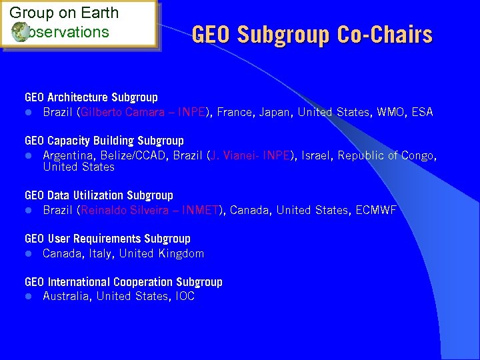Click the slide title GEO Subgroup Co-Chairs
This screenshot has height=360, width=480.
[x=312, y=35]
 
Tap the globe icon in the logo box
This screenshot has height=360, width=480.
[x=19, y=31]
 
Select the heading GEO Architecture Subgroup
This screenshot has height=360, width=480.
[x=91, y=97]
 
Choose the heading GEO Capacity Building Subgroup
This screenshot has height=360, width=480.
[x=104, y=141]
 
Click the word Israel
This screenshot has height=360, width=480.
[x=317, y=155]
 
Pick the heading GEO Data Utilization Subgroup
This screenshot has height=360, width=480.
[x=99, y=195]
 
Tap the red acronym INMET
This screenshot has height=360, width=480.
[x=201, y=210]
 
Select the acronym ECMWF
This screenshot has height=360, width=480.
[x=377, y=210]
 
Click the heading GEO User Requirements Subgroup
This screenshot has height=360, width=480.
[x=107, y=239]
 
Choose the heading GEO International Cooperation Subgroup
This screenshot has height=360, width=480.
[x=123, y=282]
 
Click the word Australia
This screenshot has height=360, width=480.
[x=67, y=297]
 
